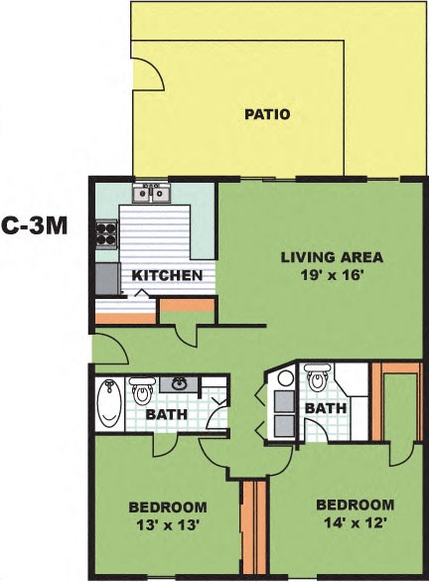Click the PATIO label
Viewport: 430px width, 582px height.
pyautogui.click(x=267, y=114)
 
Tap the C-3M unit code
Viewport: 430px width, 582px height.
pyautogui.click(x=34, y=224)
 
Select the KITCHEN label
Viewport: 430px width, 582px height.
pyautogui.click(x=168, y=275)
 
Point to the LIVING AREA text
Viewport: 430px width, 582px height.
pyautogui.click(x=331, y=258)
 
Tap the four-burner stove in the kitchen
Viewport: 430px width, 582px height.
pyautogui.click(x=105, y=232)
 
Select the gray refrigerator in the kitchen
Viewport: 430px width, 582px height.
pyautogui.click(x=105, y=280)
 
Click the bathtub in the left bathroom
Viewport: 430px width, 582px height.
pyautogui.click(x=110, y=405)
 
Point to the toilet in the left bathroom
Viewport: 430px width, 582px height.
pyautogui.click(x=140, y=388)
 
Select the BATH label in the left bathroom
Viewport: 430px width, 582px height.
pyautogui.click(x=166, y=414)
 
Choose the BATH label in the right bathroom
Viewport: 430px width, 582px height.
pyautogui.click(x=324, y=408)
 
